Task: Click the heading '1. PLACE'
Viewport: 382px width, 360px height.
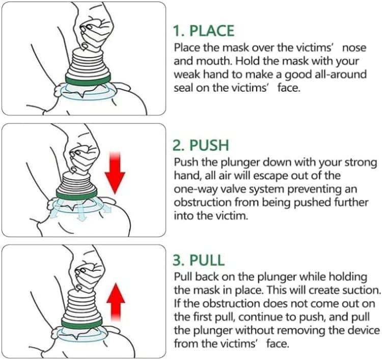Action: point(203,31)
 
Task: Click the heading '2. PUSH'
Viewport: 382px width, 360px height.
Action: point(201,146)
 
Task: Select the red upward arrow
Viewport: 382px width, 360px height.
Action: point(117,301)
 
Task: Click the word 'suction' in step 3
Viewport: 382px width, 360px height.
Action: point(362,290)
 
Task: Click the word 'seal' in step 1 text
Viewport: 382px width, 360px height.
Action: point(183,88)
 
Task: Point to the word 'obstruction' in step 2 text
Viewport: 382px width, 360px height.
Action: point(199,202)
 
